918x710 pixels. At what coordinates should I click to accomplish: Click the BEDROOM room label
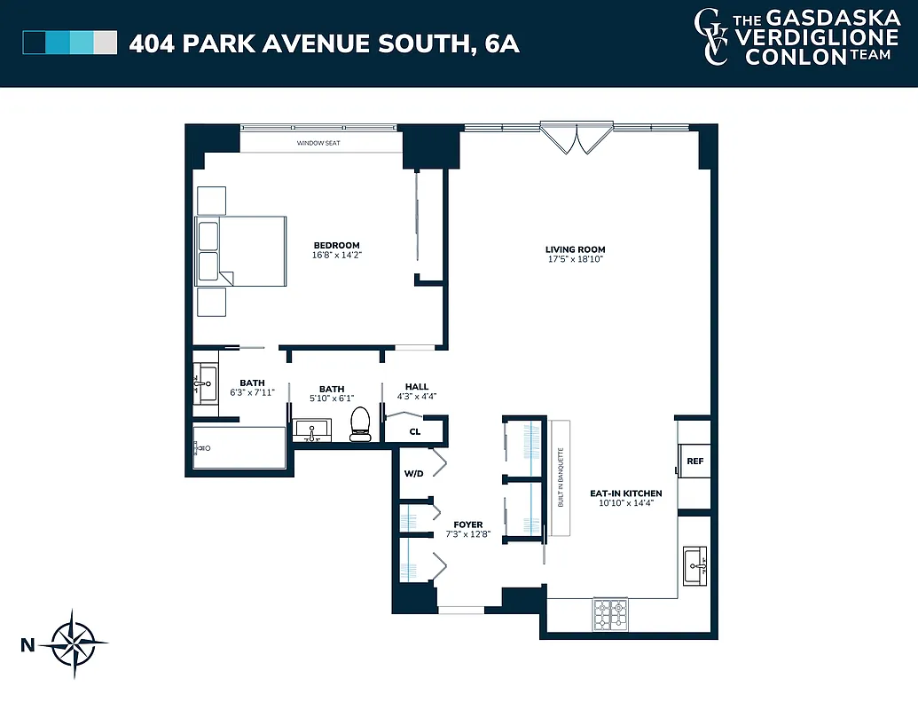336,246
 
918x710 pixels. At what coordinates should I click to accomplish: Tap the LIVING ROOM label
575,249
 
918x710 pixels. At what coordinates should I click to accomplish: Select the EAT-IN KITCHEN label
625,493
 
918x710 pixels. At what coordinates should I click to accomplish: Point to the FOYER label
467,525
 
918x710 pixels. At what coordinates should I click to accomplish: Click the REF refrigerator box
694,461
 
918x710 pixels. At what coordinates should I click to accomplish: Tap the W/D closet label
414,474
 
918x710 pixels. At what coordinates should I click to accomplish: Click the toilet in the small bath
359,424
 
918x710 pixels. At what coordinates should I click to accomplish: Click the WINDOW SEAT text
318,143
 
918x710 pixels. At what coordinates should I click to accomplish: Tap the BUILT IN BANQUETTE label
561,477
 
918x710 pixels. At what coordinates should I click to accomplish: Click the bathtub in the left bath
239,448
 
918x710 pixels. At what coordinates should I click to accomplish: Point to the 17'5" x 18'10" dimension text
575,260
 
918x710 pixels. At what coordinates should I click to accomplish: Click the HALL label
417,387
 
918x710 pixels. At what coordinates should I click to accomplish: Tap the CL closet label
414,432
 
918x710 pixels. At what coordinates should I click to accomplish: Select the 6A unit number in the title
503,43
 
